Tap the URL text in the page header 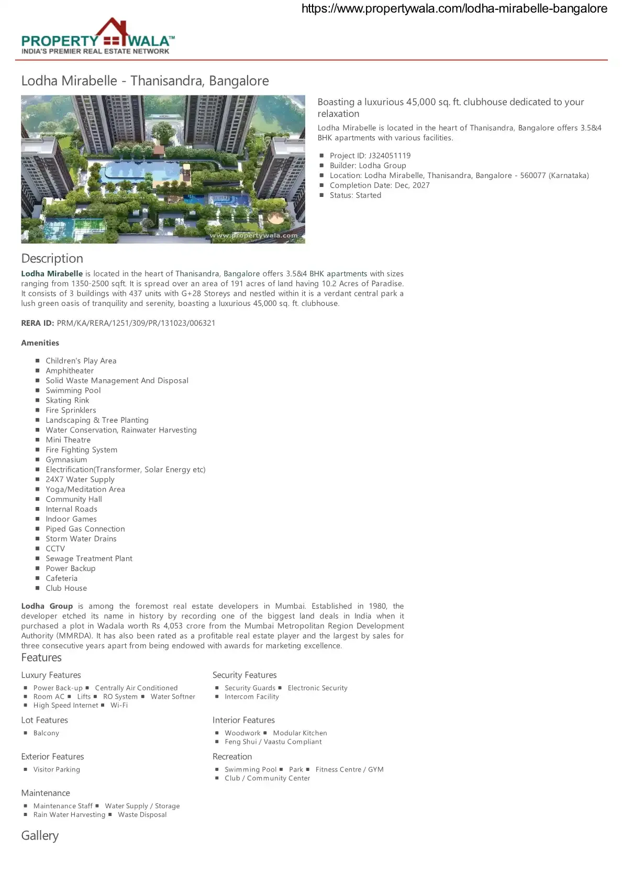pyautogui.click(x=454, y=8)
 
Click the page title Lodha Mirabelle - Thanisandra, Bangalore pyautogui.click(x=145, y=81)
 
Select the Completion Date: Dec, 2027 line pyautogui.click(x=379, y=185)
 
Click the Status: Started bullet pyautogui.click(x=355, y=195)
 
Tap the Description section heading pyautogui.click(x=52, y=258)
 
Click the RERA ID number pyautogui.click(x=136, y=323)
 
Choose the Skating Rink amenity pyautogui.click(x=67, y=400)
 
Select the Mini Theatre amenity pyautogui.click(x=68, y=440)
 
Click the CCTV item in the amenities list pyautogui.click(x=55, y=548)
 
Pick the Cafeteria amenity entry pyautogui.click(x=61, y=578)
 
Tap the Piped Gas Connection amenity pyautogui.click(x=85, y=529)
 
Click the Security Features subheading pyautogui.click(x=244, y=675)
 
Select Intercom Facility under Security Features pyautogui.click(x=251, y=697)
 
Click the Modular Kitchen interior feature pyautogui.click(x=299, y=733)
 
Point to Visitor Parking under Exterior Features pyautogui.click(x=57, y=769)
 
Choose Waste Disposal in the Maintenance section pyautogui.click(x=142, y=814)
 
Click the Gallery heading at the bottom pyautogui.click(x=40, y=835)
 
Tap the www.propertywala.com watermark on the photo pyautogui.click(x=253, y=236)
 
